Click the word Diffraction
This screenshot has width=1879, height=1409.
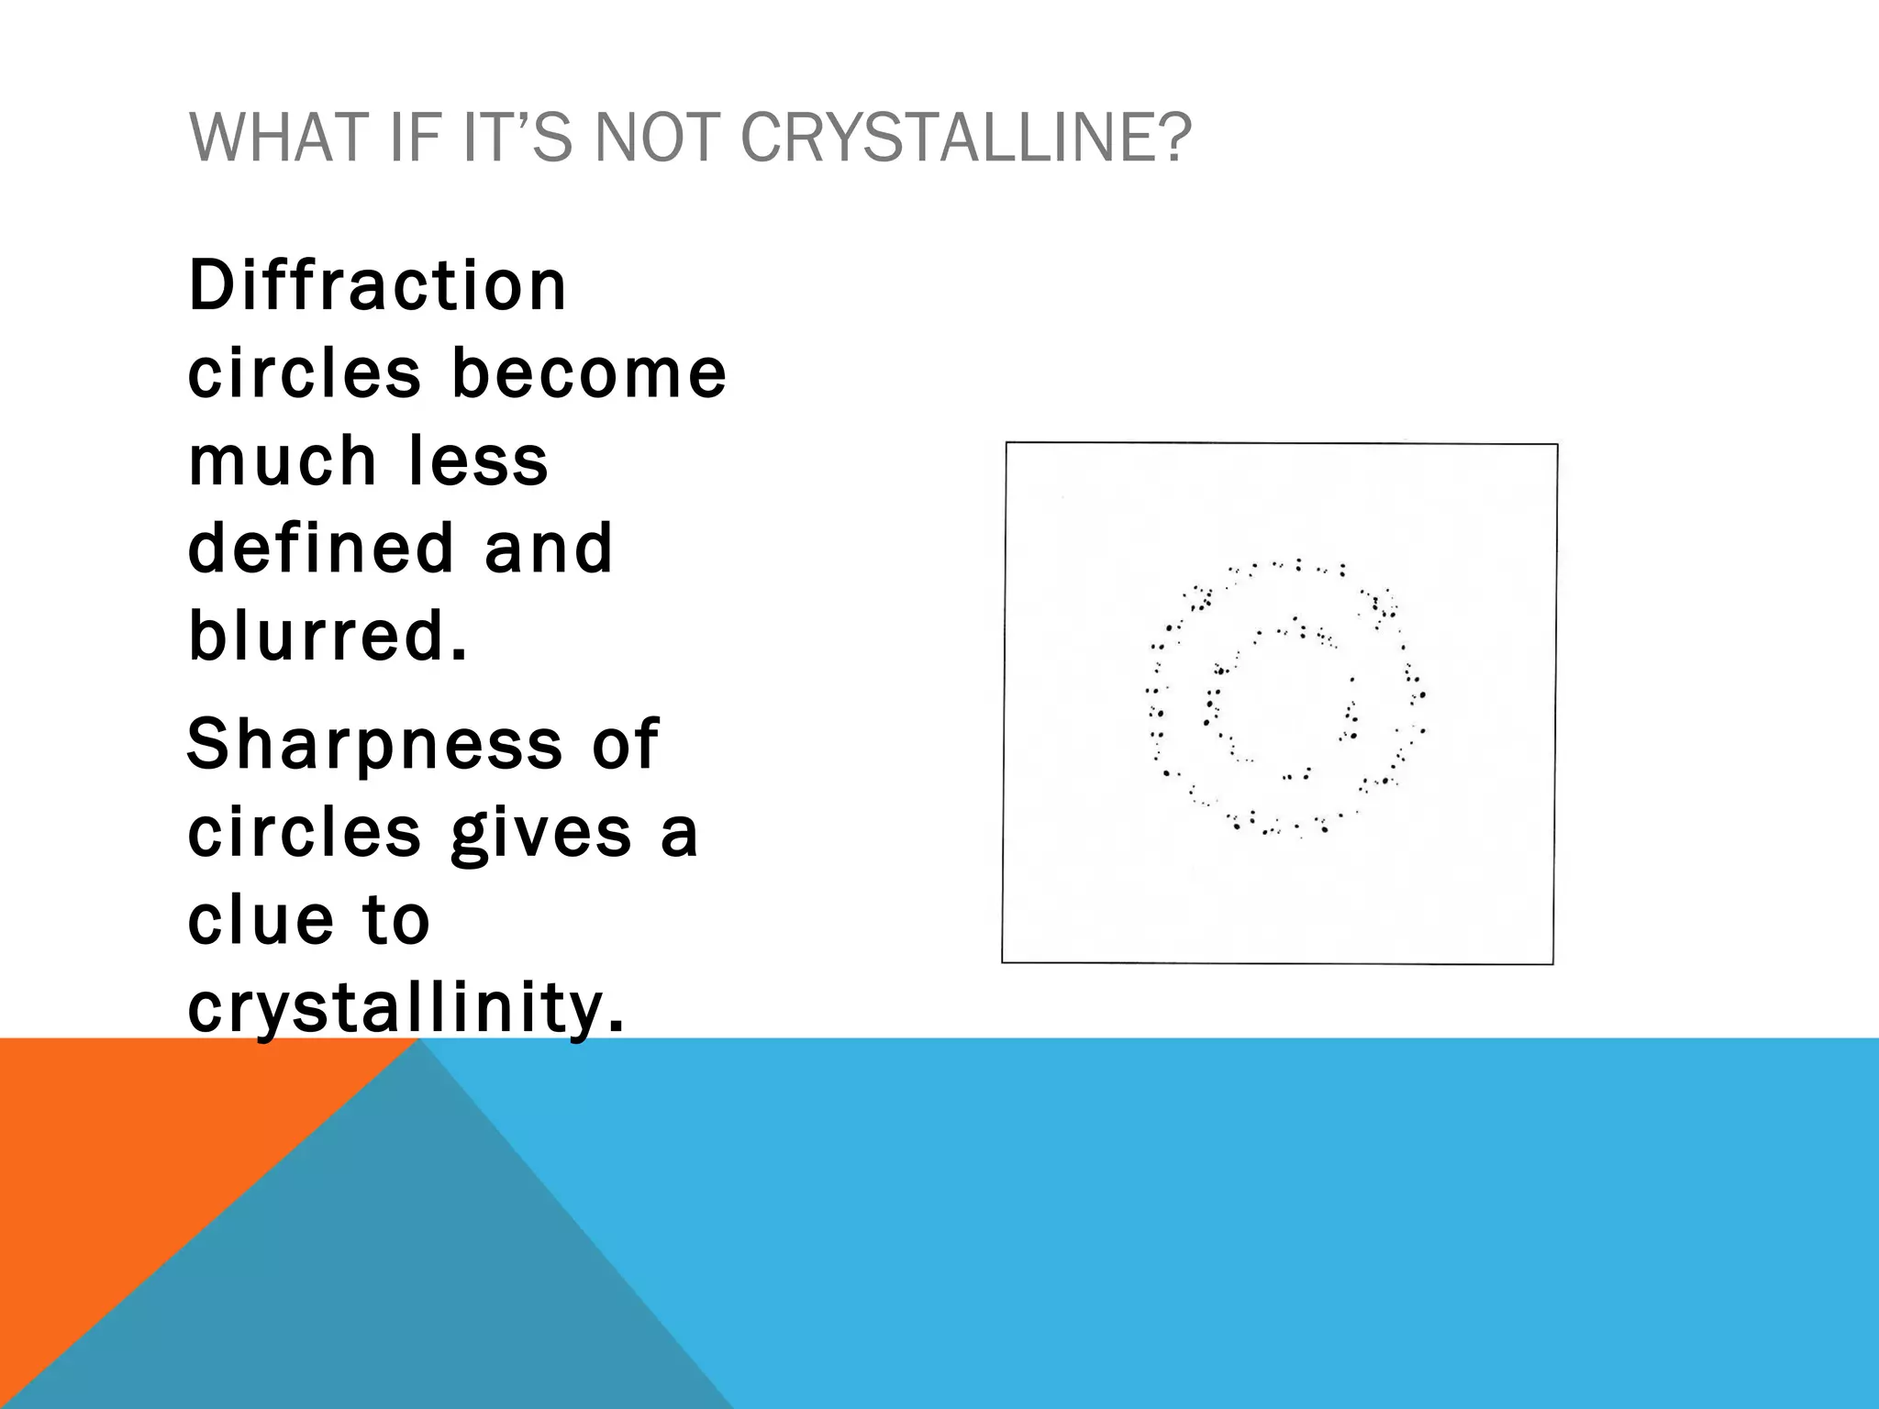(377, 286)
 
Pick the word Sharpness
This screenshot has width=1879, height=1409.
(373, 744)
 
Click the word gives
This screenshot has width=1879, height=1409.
(541, 833)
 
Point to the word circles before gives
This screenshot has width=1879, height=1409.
(304, 833)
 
